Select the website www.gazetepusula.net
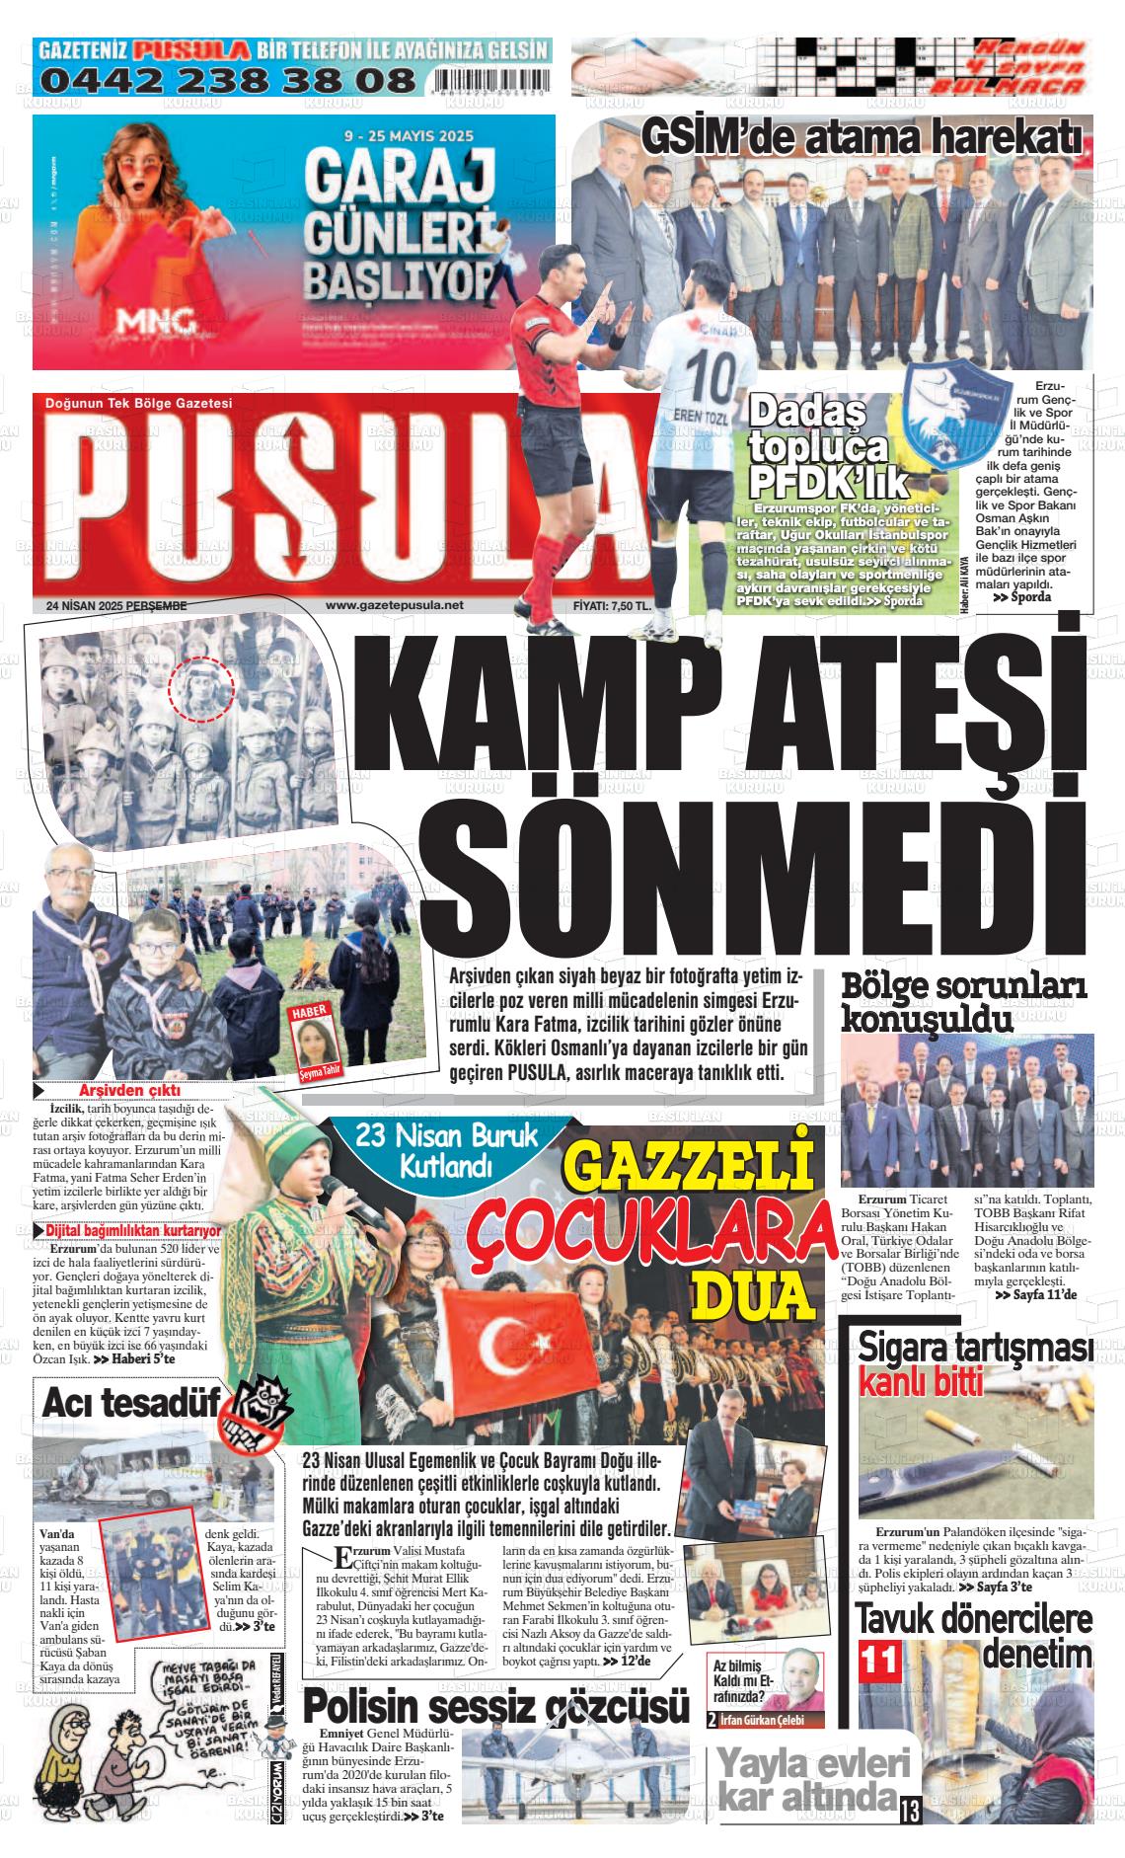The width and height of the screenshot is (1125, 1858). (394, 606)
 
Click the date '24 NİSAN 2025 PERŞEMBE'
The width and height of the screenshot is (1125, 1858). (116, 606)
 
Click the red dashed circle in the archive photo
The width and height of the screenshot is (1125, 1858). (201, 687)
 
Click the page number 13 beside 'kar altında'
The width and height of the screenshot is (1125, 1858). (909, 1812)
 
